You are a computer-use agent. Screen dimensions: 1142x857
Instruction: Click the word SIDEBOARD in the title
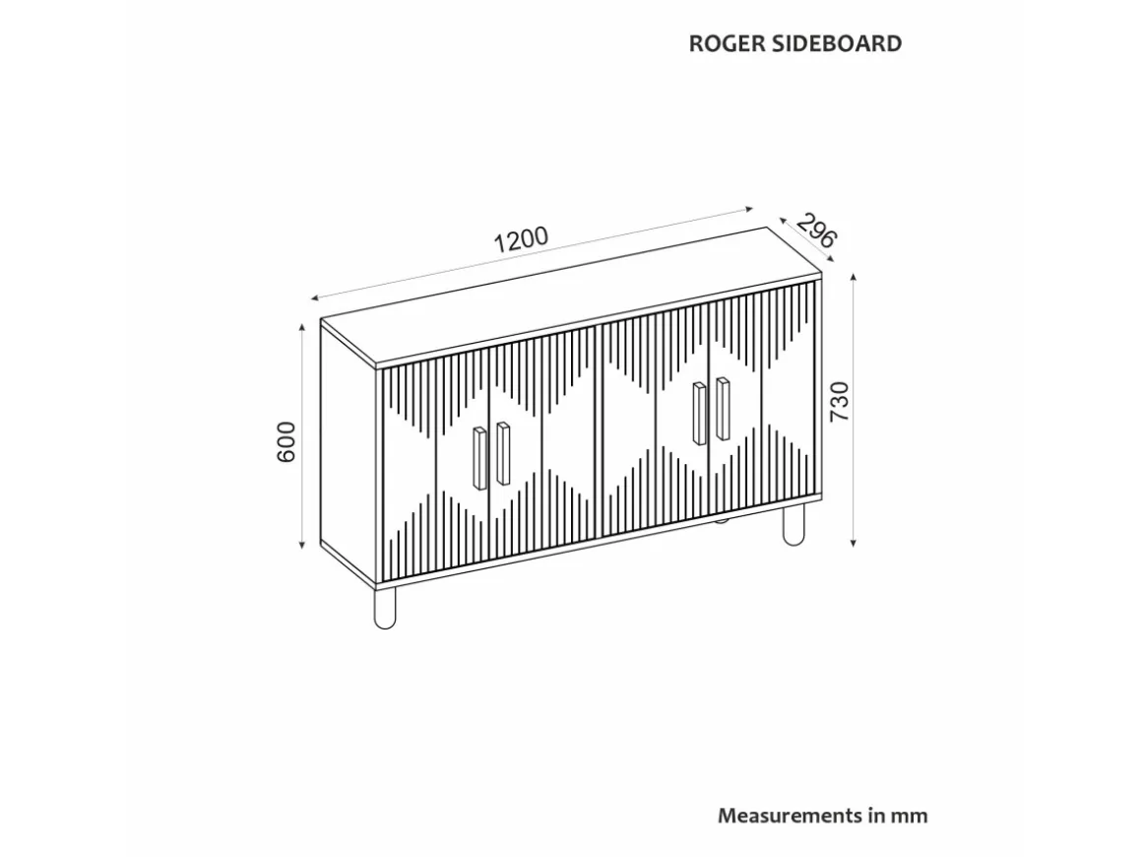click(836, 43)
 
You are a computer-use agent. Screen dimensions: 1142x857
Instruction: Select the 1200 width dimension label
click(521, 239)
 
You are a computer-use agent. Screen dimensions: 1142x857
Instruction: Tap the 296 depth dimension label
click(816, 231)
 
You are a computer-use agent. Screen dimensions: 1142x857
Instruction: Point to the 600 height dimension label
click(286, 441)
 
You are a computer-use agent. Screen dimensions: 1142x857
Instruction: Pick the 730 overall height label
click(840, 401)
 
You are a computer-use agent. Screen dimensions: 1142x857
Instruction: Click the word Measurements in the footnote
click(791, 816)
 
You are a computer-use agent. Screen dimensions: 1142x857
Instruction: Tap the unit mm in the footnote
click(910, 817)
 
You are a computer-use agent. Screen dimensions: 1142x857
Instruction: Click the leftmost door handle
click(479, 458)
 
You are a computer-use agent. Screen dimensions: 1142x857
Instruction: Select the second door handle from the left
click(503, 453)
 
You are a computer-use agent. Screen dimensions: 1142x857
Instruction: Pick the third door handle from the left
click(699, 413)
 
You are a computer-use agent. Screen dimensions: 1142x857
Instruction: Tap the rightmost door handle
click(723, 408)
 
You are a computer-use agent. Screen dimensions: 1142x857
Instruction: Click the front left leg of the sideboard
click(385, 608)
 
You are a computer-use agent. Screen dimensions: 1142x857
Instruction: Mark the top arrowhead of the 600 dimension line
click(302, 328)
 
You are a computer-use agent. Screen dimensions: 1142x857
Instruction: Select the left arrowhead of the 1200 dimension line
click(315, 297)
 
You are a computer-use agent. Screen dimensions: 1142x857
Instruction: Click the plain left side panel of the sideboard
click(349, 452)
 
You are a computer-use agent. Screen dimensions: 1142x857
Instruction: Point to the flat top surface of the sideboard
click(571, 297)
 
